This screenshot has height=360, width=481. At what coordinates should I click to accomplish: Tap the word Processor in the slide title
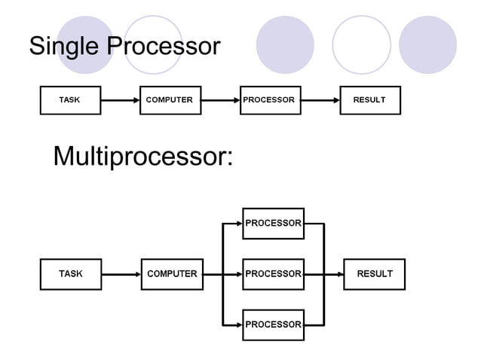[164, 47]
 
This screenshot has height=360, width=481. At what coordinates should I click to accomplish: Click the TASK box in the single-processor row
[70, 100]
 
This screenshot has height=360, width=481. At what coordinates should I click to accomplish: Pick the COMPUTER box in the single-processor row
[170, 100]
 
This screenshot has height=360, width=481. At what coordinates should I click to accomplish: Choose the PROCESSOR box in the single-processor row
[269, 100]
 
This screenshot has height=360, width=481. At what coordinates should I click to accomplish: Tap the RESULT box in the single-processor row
[369, 100]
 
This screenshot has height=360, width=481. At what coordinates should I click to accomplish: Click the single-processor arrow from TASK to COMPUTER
[121, 100]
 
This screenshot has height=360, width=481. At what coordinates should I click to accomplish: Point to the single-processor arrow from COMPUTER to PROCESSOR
[220, 100]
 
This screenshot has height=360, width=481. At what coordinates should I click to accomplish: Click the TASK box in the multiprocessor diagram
[70, 274]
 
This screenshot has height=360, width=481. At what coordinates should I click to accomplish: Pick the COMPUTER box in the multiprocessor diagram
[172, 274]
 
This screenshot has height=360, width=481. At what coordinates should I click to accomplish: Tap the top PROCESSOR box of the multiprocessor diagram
[273, 223]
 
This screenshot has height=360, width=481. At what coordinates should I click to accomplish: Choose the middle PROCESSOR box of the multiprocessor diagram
[273, 274]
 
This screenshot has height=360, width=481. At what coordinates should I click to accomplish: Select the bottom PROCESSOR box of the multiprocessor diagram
[273, 325]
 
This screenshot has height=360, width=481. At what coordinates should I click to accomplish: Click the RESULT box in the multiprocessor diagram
[374, 274]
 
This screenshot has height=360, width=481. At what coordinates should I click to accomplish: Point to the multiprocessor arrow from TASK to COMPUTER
[121, 274]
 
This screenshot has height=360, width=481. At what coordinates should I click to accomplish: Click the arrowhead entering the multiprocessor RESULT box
[339, 274]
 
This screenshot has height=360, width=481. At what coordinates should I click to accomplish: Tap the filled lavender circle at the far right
[427, 44]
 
